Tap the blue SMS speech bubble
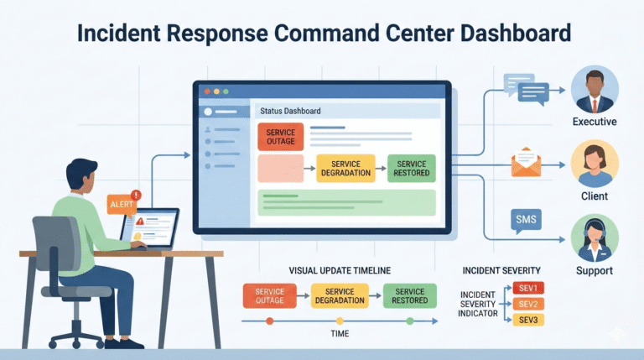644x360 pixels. point(525,220)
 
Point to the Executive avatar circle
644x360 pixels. point(595,90)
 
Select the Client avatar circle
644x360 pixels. point(595,164)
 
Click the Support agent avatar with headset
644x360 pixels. point(595,238)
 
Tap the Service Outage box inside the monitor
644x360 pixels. point(280,137)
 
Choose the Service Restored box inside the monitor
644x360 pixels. point(412,168)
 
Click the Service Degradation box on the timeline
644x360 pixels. point(340,295)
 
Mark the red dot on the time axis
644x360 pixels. point(269,321)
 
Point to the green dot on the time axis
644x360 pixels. point(409,321)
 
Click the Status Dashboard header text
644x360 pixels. point(290,111)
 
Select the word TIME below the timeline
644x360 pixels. point(340,333)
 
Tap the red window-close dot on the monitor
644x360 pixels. point(205,90)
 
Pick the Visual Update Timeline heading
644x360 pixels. point(340,270)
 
